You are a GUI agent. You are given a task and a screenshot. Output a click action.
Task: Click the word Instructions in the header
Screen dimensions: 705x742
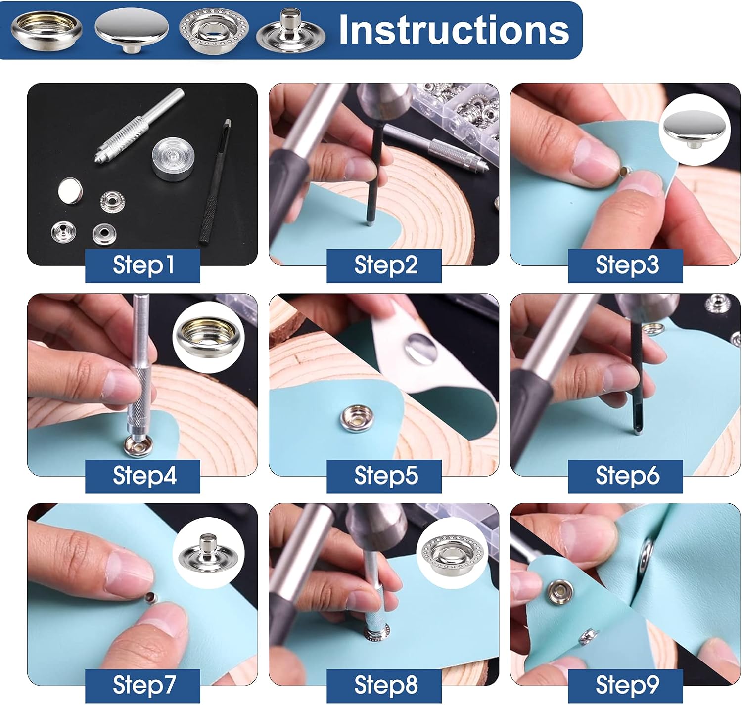454,30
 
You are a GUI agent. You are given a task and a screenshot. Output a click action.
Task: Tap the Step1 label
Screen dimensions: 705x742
142,265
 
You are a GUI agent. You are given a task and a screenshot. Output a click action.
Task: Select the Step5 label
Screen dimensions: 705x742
384,476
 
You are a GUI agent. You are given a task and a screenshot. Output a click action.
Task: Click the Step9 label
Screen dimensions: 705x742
625,685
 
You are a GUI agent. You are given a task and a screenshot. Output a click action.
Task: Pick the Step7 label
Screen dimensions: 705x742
142,685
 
